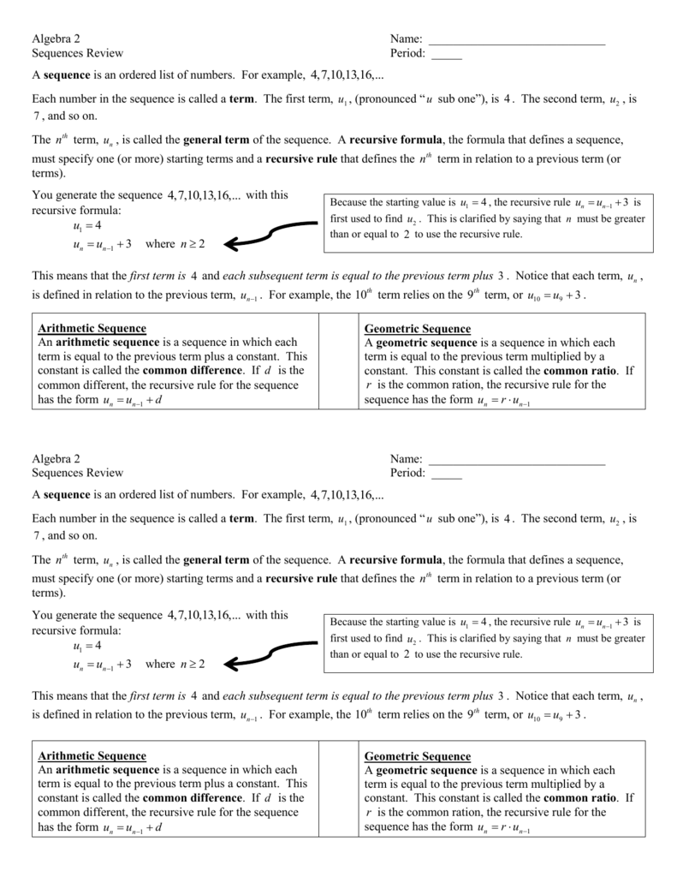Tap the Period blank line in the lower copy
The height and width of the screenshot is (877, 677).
[446, 477]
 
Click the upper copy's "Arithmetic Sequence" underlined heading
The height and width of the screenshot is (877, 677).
[92, 329]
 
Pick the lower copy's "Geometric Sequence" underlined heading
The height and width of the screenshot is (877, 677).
[418, 756]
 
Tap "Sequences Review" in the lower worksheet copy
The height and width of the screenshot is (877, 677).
[77, 473]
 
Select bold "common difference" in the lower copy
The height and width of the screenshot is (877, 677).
[193, 798]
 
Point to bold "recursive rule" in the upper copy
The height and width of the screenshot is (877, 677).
[301, 159]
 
